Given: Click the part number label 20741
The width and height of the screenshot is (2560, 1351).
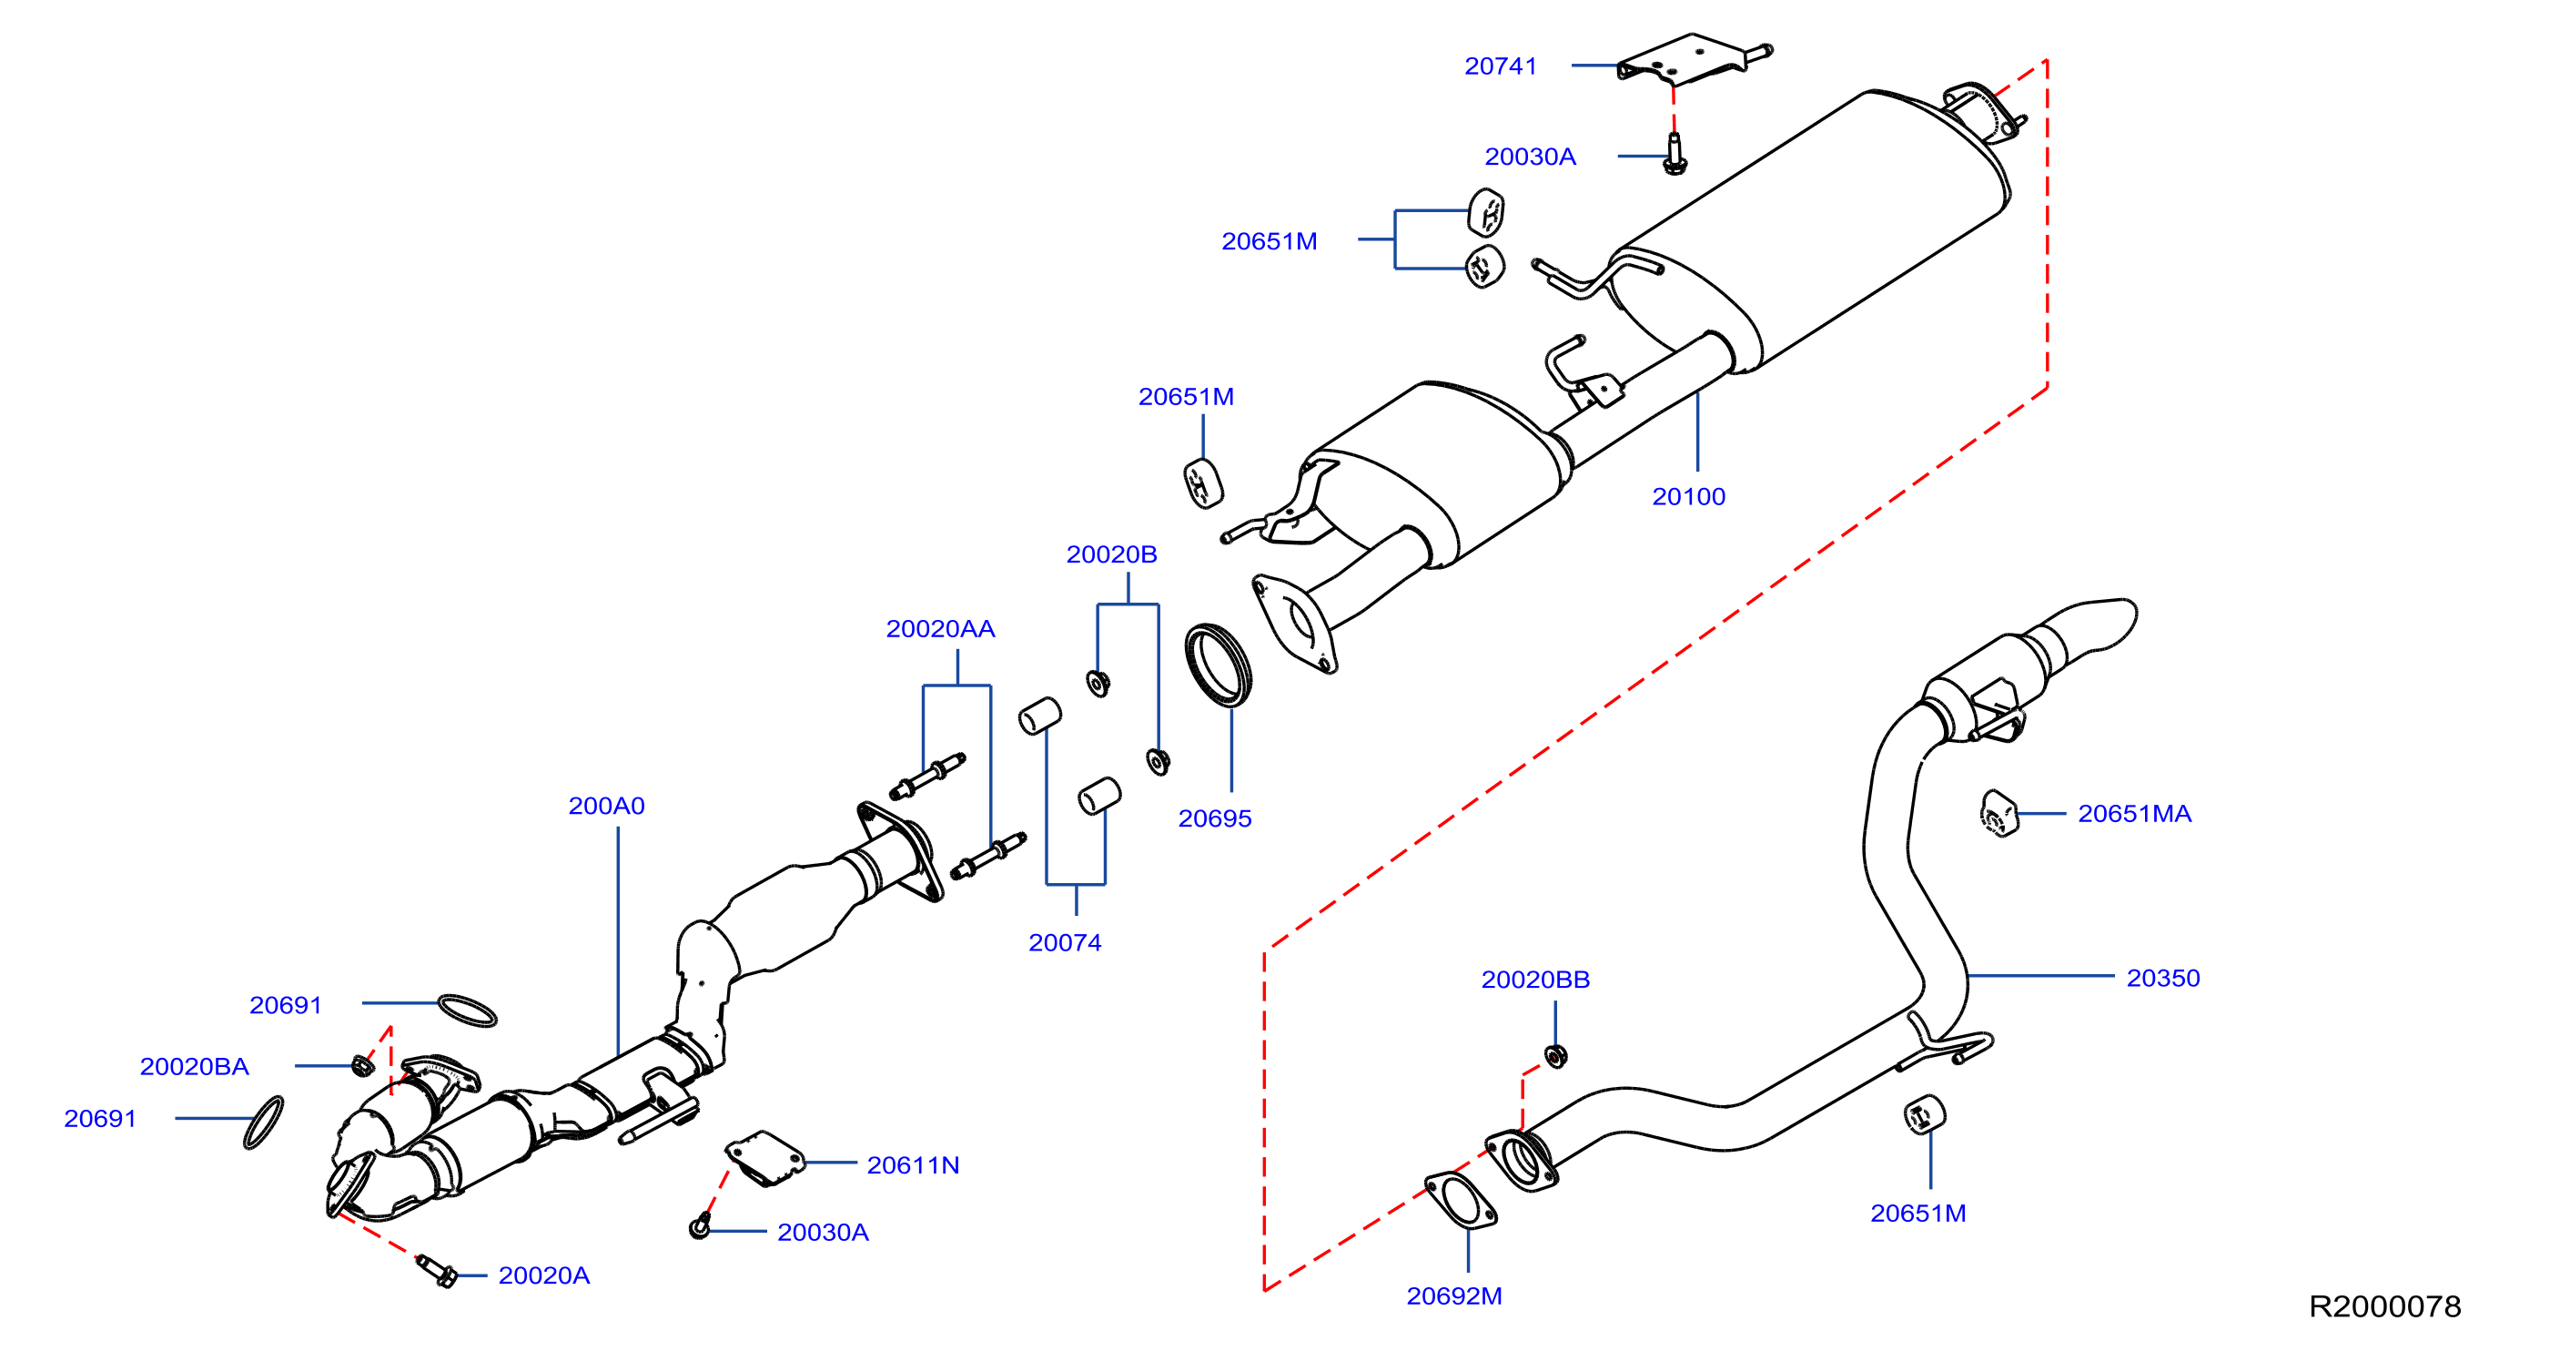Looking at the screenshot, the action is click(1500, 66).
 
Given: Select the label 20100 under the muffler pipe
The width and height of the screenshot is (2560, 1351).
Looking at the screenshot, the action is click(1687, 497).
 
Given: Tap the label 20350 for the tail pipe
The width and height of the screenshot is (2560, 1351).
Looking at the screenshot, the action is click(2162, 979).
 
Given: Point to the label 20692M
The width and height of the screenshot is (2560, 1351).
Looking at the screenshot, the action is click(1454, 1296).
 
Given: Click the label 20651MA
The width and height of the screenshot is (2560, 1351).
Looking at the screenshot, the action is click(2134, 814).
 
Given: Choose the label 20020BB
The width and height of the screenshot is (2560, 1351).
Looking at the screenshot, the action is click(1535, 980).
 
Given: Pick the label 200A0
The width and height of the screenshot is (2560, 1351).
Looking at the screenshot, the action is click(606, 807).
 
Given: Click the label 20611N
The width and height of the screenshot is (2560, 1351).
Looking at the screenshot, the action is click(912, 1166).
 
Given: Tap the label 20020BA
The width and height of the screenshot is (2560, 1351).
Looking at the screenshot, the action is click(194, 1067).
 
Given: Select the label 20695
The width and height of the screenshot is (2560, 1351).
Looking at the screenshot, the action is click(1214, 819).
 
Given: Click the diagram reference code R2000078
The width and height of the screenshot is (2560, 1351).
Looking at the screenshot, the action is click(2384, 1306).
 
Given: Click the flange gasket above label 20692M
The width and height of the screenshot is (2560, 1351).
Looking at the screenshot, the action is click(1460, 1201).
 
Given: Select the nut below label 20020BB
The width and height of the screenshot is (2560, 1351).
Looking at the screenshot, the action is click(1556, 1056).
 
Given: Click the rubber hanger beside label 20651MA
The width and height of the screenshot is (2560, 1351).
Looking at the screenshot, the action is click(1998, 814).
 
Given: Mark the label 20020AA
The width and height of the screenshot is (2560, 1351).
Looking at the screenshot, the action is click(940, 629).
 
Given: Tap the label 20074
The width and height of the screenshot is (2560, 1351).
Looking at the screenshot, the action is click(1065, 943).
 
